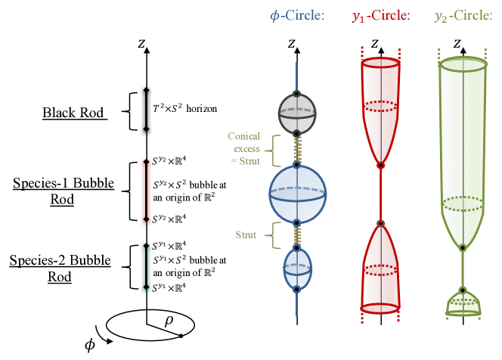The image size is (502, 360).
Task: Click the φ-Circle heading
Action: [297, 16]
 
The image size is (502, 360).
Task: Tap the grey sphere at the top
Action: [297, 113]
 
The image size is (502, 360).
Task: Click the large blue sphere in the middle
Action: [297, 194]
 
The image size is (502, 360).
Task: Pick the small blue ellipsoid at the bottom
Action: [297, 268]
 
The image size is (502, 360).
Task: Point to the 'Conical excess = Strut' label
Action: [244, 149]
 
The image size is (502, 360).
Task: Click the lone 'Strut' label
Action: [246, 235]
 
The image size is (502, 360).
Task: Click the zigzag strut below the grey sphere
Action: [298, 150]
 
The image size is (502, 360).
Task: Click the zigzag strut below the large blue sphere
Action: [298, 235]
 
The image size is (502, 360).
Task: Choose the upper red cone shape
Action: [380, 106]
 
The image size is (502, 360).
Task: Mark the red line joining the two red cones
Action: [380, 194]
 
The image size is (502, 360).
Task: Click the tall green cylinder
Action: [462, 151]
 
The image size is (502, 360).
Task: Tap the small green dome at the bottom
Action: [463, 302]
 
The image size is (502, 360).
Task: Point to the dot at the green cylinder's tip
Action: [462, 247]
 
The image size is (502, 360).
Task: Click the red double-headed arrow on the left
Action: [147, 192]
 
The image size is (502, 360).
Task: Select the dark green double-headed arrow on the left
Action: [147, 268]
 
